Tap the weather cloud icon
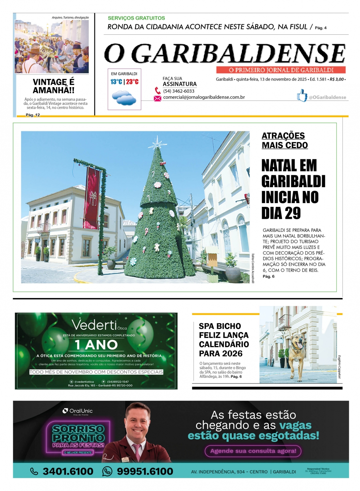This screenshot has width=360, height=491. click(x=124, y=98)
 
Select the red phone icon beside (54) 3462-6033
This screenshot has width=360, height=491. click(x=158, y=91)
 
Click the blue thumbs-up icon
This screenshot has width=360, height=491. click(x=301, y=96)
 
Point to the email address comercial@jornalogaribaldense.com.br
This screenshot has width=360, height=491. click(x=204, y=97)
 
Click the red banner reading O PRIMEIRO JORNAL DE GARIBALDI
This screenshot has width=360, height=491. click(x=281, y=70)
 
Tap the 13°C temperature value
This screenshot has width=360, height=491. click(x=116, y=82)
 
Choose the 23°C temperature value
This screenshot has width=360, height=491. click(x=132, y=82)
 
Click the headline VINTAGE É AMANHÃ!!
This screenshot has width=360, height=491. click(x=54, y=86)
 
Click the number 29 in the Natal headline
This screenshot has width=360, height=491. click(x=293, y=213)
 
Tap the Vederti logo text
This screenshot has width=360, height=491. click(x=94, y=325)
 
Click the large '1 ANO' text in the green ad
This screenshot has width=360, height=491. click(x=96, y=345)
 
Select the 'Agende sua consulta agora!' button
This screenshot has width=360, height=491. click(x=253, y=451)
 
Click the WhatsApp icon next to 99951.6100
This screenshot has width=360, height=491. click(x=107, y=471)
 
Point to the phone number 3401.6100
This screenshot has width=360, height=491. click(x=68, y=471)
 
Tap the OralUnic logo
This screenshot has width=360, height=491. click(x=78, y=411)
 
